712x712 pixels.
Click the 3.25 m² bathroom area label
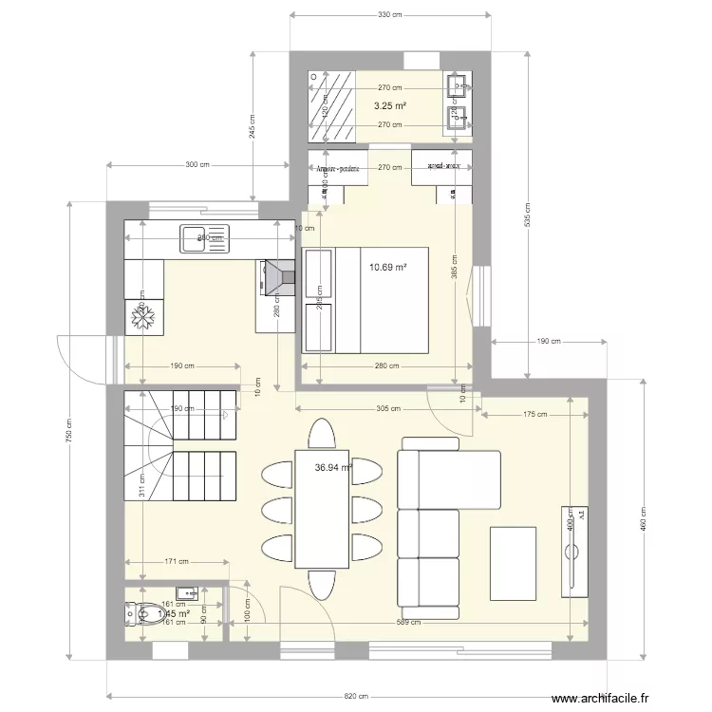coord(389,105)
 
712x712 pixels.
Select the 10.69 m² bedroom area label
coord(387,268)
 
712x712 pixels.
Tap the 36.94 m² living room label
coord(333,467)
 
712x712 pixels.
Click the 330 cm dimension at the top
coord(389,14)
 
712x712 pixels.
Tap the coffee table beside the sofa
coord(513,563)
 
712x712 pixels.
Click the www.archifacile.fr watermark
coord(601,699)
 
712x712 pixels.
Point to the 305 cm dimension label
coord(389,409)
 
